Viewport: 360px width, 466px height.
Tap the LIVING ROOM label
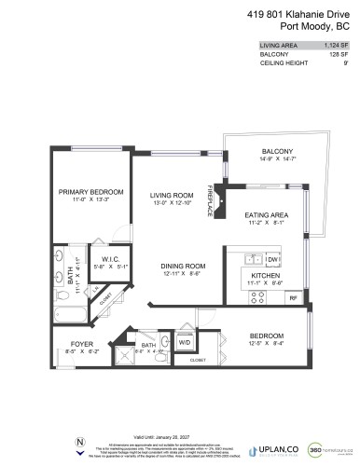point(171,196)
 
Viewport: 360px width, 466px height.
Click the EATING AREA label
point(266,214)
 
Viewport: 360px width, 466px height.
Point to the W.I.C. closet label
point(102,260)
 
